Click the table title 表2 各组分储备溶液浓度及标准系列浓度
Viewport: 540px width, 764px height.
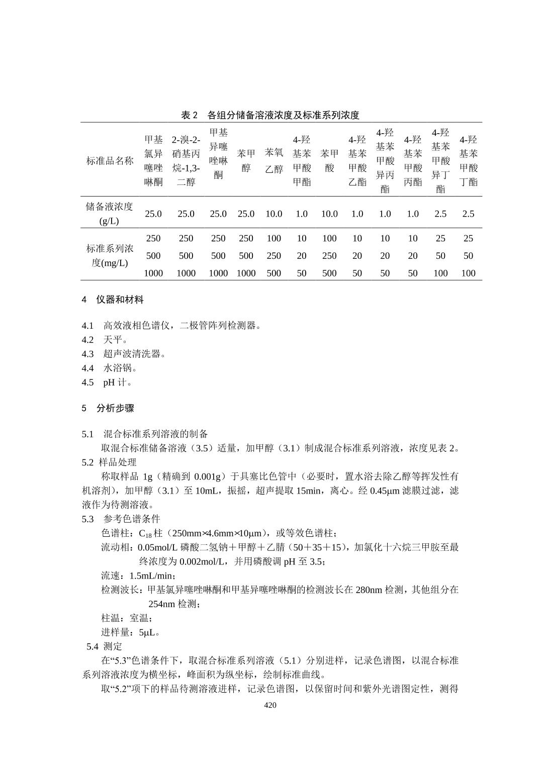270,115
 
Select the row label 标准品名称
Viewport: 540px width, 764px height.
110,161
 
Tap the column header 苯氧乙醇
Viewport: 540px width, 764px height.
274,161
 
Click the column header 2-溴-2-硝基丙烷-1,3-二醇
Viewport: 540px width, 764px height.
186,161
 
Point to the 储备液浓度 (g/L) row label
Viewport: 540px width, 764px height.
109,214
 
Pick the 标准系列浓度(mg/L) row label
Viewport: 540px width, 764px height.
110,255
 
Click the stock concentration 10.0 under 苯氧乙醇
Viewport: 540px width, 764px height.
274,214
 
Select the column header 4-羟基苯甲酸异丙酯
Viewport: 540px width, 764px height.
385,161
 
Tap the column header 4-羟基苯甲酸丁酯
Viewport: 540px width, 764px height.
468,161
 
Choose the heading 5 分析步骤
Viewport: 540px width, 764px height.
108,408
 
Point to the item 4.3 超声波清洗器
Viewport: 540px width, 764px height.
124,354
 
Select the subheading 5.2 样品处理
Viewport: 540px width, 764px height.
109,462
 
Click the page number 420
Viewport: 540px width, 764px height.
270,705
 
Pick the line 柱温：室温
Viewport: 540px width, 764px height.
127,618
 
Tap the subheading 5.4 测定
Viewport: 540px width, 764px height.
104,646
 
